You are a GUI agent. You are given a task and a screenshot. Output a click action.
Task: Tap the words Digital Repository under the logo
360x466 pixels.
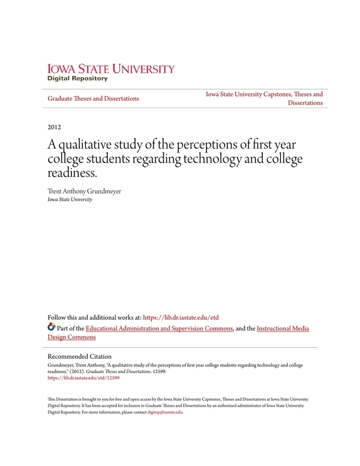coord(77,79)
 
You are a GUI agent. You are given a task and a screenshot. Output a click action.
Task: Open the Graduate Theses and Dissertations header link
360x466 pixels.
coord(93,98)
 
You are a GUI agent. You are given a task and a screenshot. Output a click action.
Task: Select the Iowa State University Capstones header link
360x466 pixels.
coord(264,94)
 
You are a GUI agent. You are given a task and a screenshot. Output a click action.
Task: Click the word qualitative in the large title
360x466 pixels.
coord(89,146)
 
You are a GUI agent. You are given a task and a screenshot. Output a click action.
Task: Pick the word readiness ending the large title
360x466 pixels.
coord(70,173)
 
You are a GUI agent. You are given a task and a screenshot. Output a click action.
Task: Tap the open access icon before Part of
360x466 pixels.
coord(51,328)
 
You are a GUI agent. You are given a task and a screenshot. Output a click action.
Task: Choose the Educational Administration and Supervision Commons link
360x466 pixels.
coord(159,329)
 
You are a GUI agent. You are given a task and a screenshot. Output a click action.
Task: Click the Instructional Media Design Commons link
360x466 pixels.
coord(282,329)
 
